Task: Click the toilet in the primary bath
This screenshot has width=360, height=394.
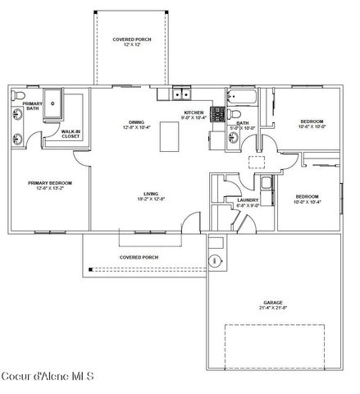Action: (x=19, y=95)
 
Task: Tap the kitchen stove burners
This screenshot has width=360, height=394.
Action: (x=219, y=114)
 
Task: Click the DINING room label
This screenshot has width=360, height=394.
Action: (x=138, y=121)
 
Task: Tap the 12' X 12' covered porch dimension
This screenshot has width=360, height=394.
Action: (x=132, y=45)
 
